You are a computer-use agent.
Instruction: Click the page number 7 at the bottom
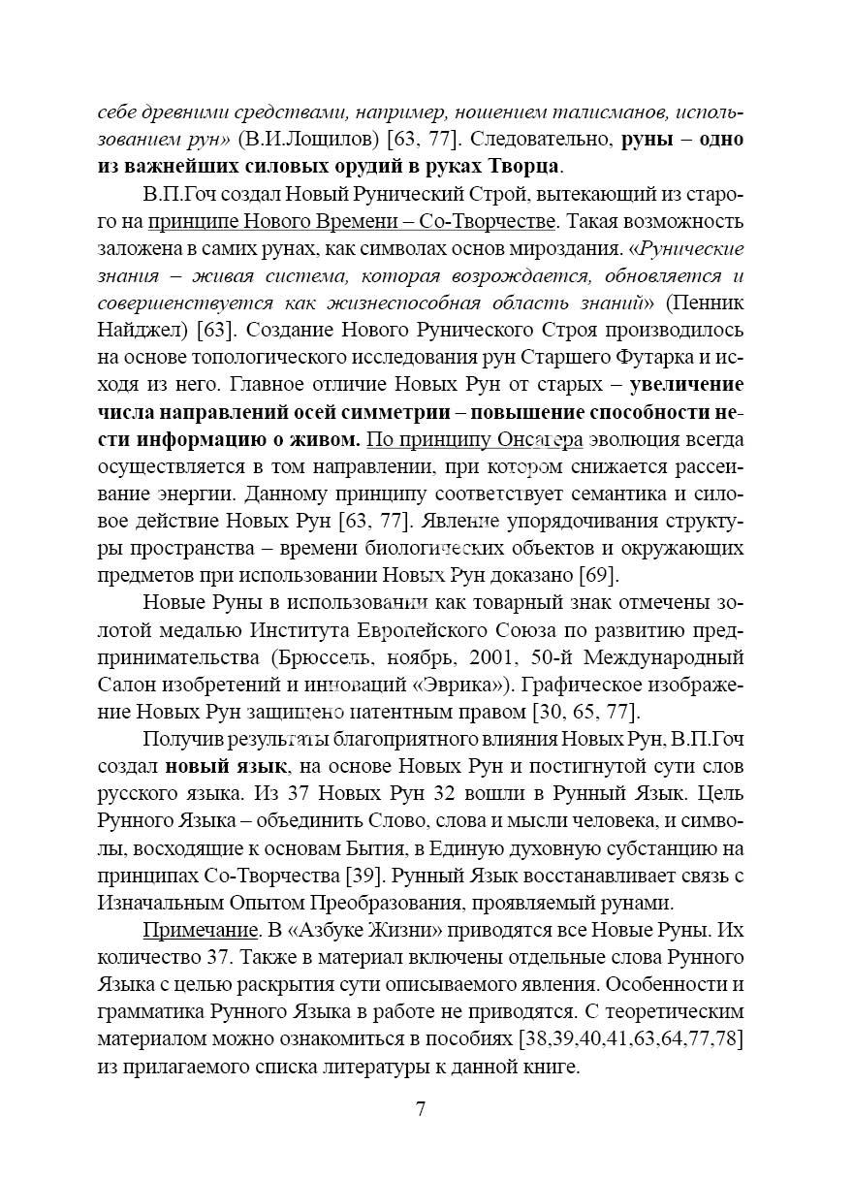point(420,1110)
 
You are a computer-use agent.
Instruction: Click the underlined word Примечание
point(199,930)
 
